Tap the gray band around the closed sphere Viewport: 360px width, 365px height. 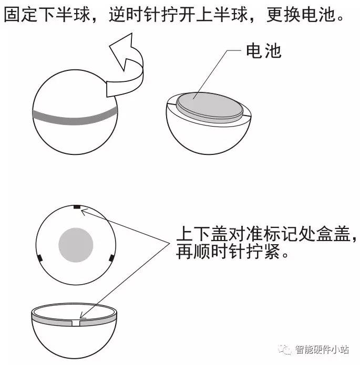[x=75, y=118]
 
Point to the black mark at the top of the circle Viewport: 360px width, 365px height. [x=77, y=207]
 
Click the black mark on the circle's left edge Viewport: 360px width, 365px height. [x=40, y=258]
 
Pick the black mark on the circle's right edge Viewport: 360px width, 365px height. [x=112, y=258]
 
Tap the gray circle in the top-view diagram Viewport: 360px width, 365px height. [x=76, y=245]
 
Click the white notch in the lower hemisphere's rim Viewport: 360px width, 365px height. [x=76, y=323]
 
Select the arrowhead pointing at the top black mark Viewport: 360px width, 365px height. [x=84, y=211]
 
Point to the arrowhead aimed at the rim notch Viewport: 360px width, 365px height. [x=82, y=316]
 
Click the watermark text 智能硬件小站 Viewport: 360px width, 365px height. [x=322, y=349]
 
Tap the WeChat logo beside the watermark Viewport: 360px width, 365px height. [x=285, y=349]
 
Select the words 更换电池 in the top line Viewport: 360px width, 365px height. [x=301, y=14]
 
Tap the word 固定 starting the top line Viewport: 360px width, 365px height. [x=20, y=14]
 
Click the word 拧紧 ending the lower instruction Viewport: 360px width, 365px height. [x=263, y=252]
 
